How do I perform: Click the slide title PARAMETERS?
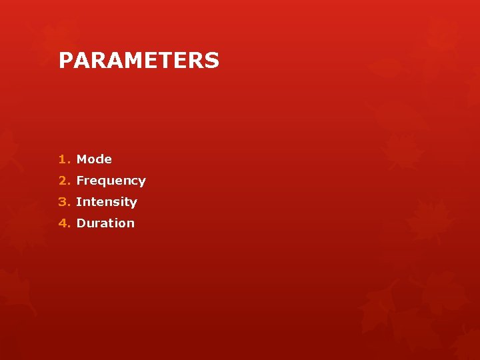[x=139, y=61]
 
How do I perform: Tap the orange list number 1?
[x=62, y=159]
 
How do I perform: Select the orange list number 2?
[x=62, y=181]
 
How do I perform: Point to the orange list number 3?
[x=62, y=202]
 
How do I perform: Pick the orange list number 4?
[x=62, y=223]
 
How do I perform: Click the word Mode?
[x=94, y=159]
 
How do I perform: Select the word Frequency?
[x=111, y=181]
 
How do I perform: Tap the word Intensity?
[x=107, y=202]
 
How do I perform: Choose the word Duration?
[x=105, y=223]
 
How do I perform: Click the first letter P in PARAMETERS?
[x=65, y=61]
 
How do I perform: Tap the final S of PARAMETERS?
[x=212, y=61]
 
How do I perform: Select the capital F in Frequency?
[x=80, y=181]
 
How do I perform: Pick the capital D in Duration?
[x=81, y=223]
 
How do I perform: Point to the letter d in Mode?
[x=100, y=159]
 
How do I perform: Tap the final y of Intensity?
[x=133, y=203]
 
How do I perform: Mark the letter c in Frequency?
[x=133, y=181]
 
